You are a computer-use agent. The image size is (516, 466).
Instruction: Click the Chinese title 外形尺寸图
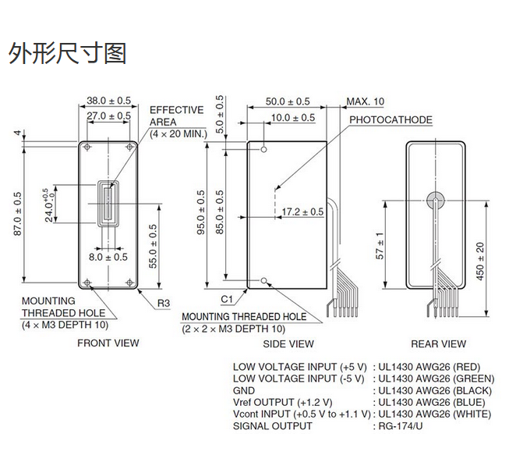click(x=67, y=53)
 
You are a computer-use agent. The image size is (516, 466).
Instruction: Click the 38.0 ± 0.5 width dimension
click(x=108, y=101)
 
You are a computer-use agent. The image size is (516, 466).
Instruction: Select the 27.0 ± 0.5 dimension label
click(x=108, y=116)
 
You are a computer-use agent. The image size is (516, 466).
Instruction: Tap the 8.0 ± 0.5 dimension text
click(x=108, y=257)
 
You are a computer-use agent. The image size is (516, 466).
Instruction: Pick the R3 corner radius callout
click(x=164, y=303)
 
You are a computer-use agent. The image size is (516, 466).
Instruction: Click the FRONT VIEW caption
click(x=108, y=343)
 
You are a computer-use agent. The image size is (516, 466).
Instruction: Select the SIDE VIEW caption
click(x=289, y=343)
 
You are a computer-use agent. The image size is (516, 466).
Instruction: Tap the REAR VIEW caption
click(x=438, y=343)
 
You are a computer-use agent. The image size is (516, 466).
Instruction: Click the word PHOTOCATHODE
click(x=391, y=120)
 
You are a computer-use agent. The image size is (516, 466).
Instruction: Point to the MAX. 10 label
click(x=366, y=101)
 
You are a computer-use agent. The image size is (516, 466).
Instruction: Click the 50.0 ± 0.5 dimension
click(x=288, y=101)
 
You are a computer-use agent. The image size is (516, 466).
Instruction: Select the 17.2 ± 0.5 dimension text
click(x=302, y=212)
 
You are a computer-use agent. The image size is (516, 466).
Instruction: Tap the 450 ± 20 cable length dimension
click(x=480, y=261)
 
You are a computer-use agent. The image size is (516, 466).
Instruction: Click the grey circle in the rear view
click(x=435, y=200)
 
